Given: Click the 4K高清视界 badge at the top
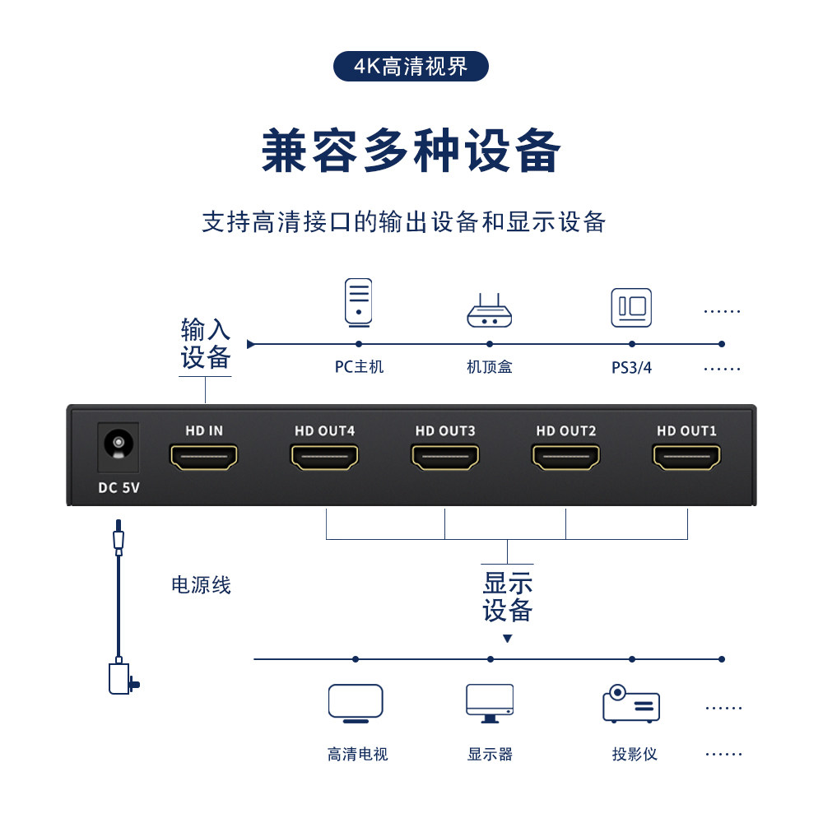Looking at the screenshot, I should [411, 67].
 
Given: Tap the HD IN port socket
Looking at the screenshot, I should [203, 457].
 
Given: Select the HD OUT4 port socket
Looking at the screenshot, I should [324, 457].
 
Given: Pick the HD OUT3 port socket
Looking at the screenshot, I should [445, 457].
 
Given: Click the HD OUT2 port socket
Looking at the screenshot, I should [565, 457].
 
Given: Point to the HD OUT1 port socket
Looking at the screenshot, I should [686, 457].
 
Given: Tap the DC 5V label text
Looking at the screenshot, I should [119, 487].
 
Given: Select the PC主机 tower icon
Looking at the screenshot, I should [358, 301].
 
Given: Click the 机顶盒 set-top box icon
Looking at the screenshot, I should [490, 311].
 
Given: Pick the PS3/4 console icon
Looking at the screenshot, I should [631, 308].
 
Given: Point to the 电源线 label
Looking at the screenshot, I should [201, 586].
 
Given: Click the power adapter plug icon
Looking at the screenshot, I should [122, 678].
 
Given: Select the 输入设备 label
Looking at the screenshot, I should [206, 344].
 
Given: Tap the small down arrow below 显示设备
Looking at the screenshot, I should [508, 639].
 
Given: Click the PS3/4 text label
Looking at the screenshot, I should [631, 368].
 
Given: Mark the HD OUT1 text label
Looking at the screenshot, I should [686, 430].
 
